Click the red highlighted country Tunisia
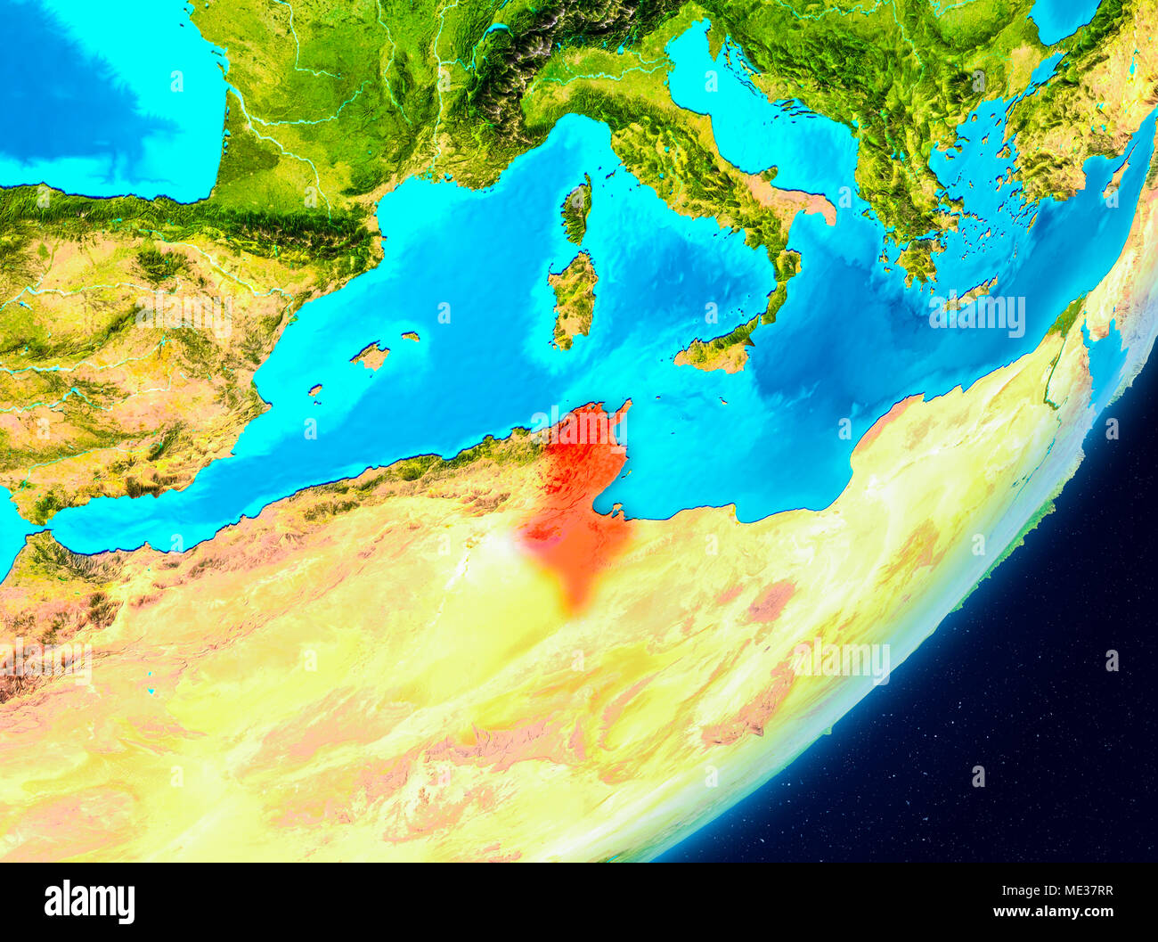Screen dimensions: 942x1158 click(x=575, y=499)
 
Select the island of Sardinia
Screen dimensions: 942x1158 click(x=573, y=299)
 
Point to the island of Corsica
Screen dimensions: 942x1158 click(x=576, y=210)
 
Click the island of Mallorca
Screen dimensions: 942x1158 click(x=371, y=356)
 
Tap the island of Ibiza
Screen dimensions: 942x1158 click(x=315, y=389)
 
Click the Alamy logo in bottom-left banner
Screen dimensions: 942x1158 click(x=89, y=902)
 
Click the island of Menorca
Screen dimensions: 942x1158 click(x=410, y=337)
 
